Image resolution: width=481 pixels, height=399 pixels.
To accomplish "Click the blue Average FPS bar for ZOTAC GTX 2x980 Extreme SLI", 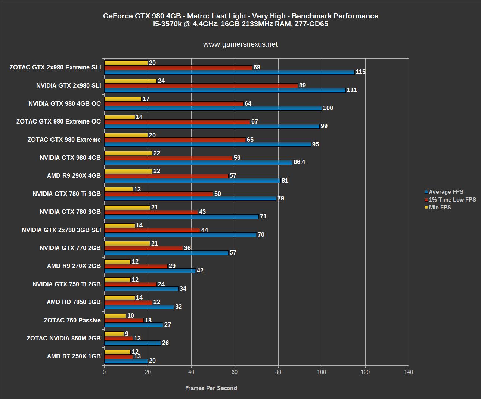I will tap(229, 72).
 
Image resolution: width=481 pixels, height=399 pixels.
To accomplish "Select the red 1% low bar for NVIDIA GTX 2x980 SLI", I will tap(201, 85).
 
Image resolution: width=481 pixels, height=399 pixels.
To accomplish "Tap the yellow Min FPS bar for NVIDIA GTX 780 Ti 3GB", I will tap(118, 189).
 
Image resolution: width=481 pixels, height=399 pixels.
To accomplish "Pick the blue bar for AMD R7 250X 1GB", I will tap(126, 361).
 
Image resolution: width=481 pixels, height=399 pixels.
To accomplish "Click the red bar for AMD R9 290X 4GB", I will tap(166, 176).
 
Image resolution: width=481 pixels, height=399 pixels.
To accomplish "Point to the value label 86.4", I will tap(300, 162).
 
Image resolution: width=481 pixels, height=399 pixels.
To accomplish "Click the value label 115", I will tap(360, 72).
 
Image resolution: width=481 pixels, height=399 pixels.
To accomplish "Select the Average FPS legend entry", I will tap(446, 192).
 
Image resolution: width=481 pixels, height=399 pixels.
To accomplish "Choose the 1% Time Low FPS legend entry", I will tap(452, 200).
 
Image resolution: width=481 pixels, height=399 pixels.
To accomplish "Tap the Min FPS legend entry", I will tap(440, 208).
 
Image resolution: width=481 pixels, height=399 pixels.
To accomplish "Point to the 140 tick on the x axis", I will tap(409, 372).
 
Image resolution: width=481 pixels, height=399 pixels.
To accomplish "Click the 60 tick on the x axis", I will tap(235, 372).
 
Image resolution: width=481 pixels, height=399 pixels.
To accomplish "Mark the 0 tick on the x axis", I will tap(104, 372).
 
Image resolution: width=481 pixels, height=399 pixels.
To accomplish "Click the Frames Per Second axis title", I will tap(211, 388).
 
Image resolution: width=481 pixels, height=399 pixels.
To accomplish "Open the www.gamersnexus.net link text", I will tap(240, 44).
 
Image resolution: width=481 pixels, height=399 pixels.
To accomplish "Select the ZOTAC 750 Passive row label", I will tap(72, 320).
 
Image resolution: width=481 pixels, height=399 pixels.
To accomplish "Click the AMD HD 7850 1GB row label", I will tap(74, 302).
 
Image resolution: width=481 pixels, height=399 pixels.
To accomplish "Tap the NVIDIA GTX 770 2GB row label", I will tap(70, 248).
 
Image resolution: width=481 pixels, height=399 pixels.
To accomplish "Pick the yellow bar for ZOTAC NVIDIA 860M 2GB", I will tap(114, 334).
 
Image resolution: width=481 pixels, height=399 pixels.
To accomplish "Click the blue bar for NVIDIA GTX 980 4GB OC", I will tap(213, 108).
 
